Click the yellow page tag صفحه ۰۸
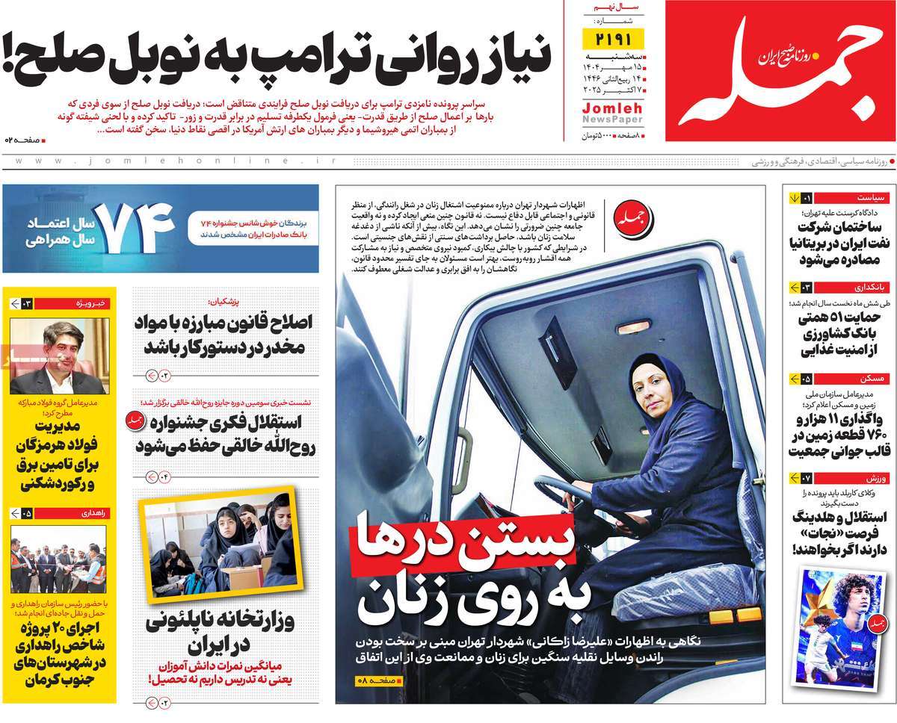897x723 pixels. (x=378, y=680)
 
